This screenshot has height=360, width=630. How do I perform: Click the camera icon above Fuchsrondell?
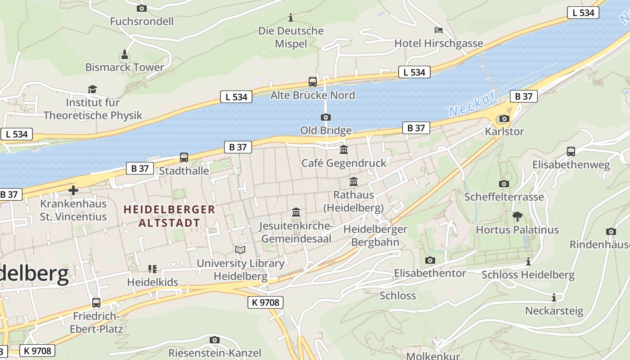tap(141, 8)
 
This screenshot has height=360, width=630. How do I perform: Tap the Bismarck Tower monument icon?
tap(125, 55)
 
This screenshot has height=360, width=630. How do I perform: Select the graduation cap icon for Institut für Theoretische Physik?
tap(92, 89)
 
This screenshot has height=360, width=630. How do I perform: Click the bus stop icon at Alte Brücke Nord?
tap(313, 82)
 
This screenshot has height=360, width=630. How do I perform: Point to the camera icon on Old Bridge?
tap(326, 117)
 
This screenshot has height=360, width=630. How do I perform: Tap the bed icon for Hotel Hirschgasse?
tap(439, 30)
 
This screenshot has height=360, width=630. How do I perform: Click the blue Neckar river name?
tap(472, 103)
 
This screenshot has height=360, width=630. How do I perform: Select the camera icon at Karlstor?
tap(504, 119)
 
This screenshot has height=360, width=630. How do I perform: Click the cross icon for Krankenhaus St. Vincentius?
tap(73, 190)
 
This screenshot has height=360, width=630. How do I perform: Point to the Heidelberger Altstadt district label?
tap(169, 216)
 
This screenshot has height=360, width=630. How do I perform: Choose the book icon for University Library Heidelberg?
tap(240, 250)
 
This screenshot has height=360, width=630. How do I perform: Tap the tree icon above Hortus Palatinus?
tap(517, 216)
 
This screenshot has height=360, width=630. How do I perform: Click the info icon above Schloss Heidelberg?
tap(528, 261)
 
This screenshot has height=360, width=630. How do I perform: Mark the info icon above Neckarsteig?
tap(554, 297)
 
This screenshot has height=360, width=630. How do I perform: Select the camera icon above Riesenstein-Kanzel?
tap(215, 340)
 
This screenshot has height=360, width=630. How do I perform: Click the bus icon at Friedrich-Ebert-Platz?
tap(96, 302)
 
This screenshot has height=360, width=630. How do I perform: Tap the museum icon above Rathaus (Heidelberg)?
tap(354, 182)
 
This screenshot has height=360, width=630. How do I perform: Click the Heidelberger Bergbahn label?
tap(375, 235)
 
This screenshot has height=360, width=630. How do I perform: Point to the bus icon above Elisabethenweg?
tap(571, 152)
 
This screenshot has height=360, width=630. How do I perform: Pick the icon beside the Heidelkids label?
tap(153, 269)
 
